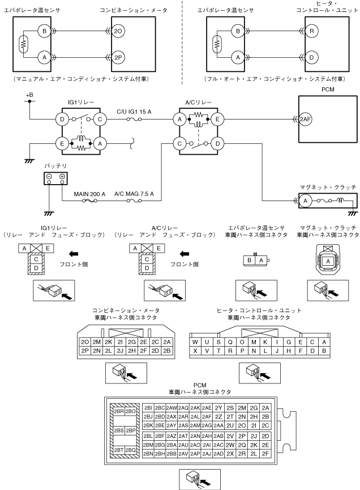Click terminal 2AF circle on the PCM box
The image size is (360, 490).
[x=305, y=119]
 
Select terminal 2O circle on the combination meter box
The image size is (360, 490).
[x=118, y=31]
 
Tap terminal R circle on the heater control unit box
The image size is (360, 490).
[x=311, y=31]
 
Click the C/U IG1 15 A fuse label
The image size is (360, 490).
[x=134, y=112]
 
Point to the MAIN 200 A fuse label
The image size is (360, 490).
[x=89, y=194]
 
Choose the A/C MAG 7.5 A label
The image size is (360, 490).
[x=134, y=194]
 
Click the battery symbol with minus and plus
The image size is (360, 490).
[x=55, y=178]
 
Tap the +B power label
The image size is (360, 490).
[x=29, y=95]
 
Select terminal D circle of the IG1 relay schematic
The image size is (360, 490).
[x=62, y=119]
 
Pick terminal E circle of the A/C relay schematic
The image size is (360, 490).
[x=217, y=119]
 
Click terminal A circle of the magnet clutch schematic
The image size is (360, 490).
[x=305, y=201]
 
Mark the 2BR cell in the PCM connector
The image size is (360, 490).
[x=119, y=411]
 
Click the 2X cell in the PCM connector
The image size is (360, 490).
[x=230, y=453]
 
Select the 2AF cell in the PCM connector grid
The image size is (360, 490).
[x=207, y=416]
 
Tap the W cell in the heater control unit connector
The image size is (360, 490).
[x=195, y=342]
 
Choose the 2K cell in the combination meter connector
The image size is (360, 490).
[x=108, y=342]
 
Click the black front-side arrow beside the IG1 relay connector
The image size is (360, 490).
[x=74, y=254]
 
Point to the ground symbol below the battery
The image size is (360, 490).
[x=49, y=214]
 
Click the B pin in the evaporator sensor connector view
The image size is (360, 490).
[x=250, y=260]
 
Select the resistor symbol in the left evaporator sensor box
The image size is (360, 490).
[x=23, y=44]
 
